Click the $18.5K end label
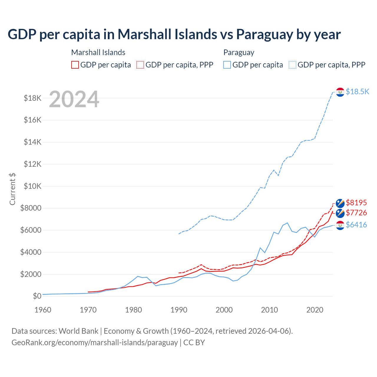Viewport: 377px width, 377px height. [x=357, y=92]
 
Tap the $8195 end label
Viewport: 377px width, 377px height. [x=356, y=203]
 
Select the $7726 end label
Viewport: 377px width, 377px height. [x=356, y=213]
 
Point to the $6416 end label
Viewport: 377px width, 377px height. [x=356, y=225]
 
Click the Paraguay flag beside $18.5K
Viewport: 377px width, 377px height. [x=340, y=92]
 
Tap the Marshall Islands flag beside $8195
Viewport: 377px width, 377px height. [x=340, y=203]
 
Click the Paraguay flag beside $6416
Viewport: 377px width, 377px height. [x=340, y=225]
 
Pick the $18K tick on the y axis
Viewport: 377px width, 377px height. [x=32, y=98]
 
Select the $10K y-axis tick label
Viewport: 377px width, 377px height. [x=32, y=186]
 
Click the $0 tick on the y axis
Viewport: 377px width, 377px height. [x=37, y=296]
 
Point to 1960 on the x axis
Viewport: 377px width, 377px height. [x=43, y=310]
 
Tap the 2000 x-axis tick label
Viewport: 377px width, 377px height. [x=224, y=310]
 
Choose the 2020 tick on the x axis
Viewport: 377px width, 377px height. [x=315, y=310]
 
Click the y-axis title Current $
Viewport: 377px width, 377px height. [x=12, y=189]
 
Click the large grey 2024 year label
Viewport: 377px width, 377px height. [x=74, y=100]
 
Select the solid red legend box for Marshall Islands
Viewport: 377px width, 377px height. [x=75, y=65]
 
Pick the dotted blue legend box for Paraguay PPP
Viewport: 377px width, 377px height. [x=292, y=65]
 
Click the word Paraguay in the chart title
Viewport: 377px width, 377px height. [x=264, y=34]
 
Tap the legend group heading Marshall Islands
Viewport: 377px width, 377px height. [x=98, y=52]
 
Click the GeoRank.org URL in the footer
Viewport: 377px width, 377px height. [x=95, y=343]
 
